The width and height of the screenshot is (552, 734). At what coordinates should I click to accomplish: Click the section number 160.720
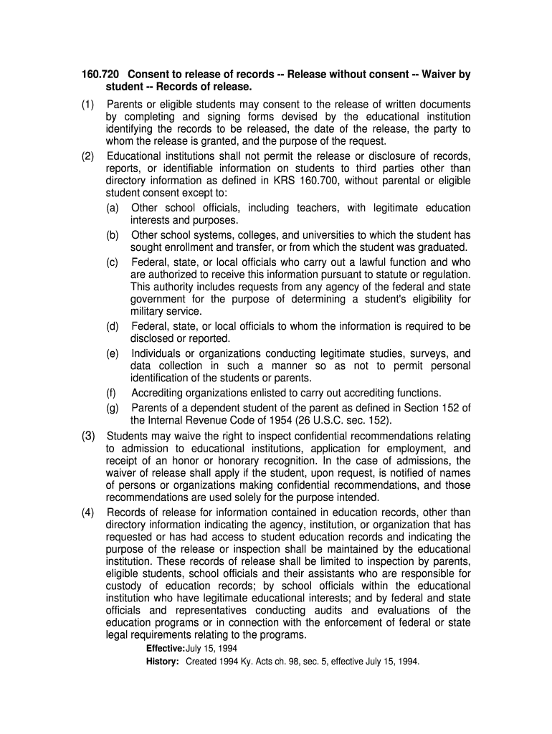point(100,75)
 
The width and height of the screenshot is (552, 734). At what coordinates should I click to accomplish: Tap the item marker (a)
point(113,208)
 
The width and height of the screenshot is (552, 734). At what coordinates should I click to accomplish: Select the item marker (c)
point(113,262)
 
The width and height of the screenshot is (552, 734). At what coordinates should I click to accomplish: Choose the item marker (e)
point(113,353)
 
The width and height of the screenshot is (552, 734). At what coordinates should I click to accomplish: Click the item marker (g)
point(113,408)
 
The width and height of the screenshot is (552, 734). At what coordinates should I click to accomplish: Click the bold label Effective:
point(166,649)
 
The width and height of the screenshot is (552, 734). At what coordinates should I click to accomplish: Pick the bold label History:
point(163,662)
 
